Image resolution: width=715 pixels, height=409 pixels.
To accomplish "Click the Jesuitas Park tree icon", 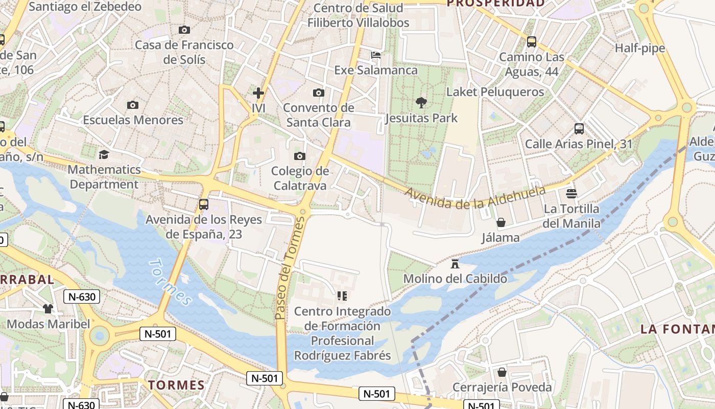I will [x=421, y=103].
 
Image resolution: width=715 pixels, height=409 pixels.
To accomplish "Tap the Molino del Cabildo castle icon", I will [x=455, y=264].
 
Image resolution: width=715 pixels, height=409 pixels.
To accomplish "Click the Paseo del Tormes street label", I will [x=289, y=268].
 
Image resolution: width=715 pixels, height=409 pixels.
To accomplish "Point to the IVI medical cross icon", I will [x=258, y=93].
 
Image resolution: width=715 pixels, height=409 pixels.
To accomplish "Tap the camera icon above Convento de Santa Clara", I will [x=319, y=93].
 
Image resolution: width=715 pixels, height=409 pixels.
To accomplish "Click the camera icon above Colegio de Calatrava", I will [x=300, y=156].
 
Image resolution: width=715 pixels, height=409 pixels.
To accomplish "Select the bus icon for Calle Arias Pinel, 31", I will [x=579, y=129].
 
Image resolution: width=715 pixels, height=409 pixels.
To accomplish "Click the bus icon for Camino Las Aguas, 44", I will [x=532, y=42].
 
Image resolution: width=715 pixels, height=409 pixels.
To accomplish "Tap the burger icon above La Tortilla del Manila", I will [x=571, y=194].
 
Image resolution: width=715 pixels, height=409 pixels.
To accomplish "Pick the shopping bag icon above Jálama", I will [x=501, y=222].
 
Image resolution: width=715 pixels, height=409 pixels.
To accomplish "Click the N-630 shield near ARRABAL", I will [x=82, y=297].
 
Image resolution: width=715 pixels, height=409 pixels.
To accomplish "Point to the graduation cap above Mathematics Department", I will [x=104, y=154].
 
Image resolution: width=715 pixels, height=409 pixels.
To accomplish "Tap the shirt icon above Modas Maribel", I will [x=48, y=309].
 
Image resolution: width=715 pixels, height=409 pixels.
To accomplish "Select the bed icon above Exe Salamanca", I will [x=376, y=55].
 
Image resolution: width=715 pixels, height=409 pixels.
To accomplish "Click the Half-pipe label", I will [x=639, y=48].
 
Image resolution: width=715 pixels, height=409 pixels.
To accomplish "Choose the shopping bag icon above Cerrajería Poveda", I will [x=502, y=372].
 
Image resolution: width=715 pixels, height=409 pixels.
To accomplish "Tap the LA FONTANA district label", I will [x=677, y=329].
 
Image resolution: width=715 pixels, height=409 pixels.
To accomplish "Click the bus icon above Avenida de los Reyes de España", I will [x=204, y=204].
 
